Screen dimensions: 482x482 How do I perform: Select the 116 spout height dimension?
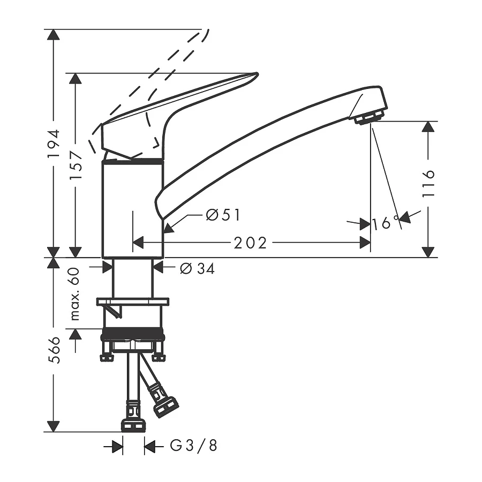click(x=428, y=184)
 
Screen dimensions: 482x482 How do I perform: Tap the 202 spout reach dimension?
click(x=250, y=243)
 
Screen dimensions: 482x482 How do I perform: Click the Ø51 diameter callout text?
click(x=223, y=215)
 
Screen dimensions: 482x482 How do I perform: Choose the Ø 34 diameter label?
click(x=197, y=269)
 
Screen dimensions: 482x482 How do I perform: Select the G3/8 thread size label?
click(x=194, y=446)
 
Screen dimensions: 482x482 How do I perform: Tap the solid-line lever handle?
click(x=182, y=102)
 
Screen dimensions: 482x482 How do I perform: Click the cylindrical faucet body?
click(x=132, y=209)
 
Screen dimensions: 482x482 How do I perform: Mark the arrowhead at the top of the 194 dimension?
click(x=54, y=35)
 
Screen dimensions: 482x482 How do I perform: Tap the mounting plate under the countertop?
click(x=133, y=302)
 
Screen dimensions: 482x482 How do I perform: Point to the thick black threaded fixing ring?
click(x=133, y=336)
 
